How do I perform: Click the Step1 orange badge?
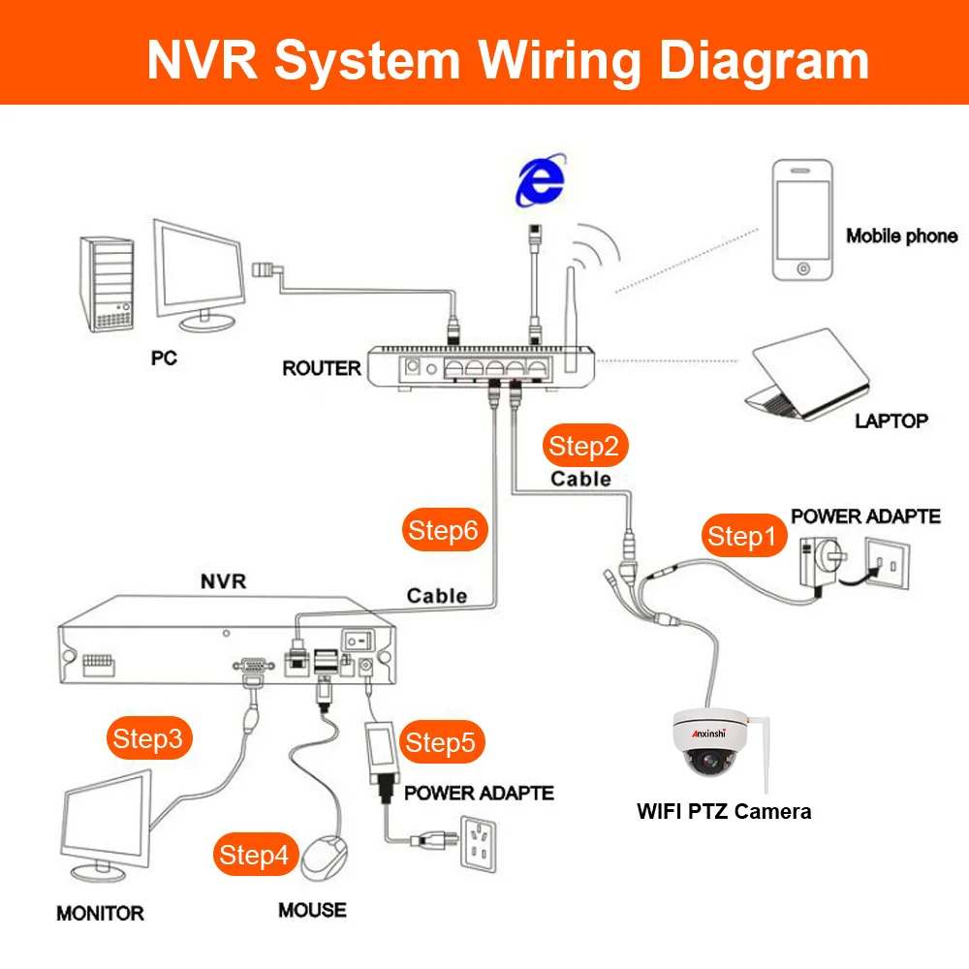[743, 537]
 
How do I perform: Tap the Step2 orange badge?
[583, 447]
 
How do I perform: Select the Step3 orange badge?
[147, 738]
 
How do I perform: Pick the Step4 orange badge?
[254, 855]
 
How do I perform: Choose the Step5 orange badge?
[441, 743]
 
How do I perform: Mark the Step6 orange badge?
[443, 530]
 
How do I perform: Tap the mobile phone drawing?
[801, 222]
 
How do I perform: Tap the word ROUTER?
[321, 368]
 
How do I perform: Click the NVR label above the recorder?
[223, 581]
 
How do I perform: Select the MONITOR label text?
[100, 913]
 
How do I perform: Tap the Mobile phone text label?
[901, 235]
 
